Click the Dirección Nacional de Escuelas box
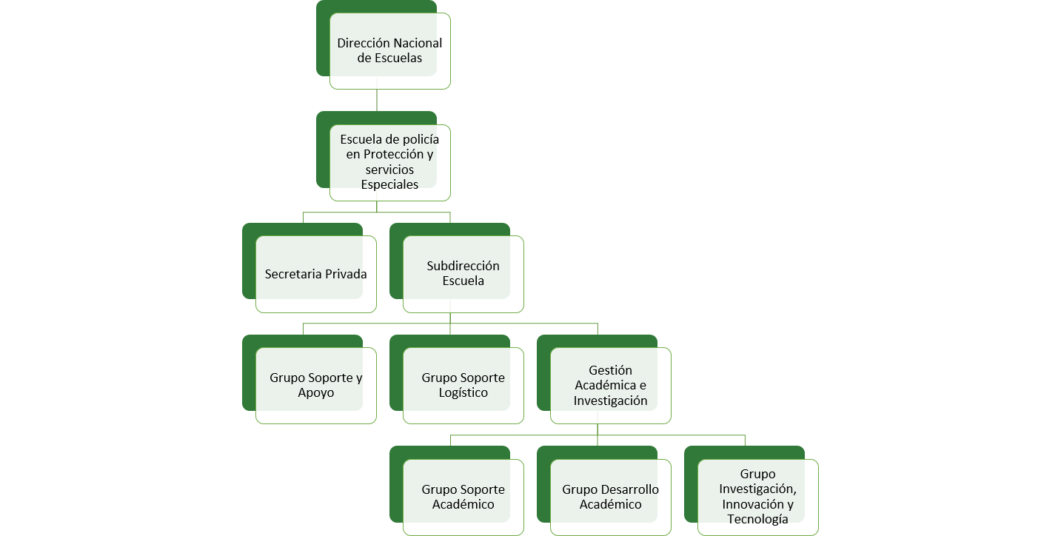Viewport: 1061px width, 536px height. tap(389, 50)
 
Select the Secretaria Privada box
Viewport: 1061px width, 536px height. tap(315, 274)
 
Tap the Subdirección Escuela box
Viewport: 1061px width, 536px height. tap(463, 273)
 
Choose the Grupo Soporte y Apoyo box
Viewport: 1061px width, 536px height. tap(315, 385)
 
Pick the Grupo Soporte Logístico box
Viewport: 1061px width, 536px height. tap(463, 385)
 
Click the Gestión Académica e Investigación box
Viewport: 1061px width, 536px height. tap(611, 385)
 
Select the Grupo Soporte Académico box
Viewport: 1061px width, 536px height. tap(463, 497)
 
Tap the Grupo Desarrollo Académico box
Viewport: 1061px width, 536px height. tap(610, 497)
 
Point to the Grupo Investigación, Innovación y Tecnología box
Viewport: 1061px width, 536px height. tap(757, 497)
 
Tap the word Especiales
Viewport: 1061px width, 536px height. tap(389, 185)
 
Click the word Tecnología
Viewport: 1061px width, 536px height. tap(757, 520)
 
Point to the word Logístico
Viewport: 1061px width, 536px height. tap(463, 393)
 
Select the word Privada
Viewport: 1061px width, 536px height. tap(345, 274)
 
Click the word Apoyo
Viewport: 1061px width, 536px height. tap(315, 393)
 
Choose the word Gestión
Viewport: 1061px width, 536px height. tap(611, 370)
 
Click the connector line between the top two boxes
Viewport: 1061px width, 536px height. tap(377, 100)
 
